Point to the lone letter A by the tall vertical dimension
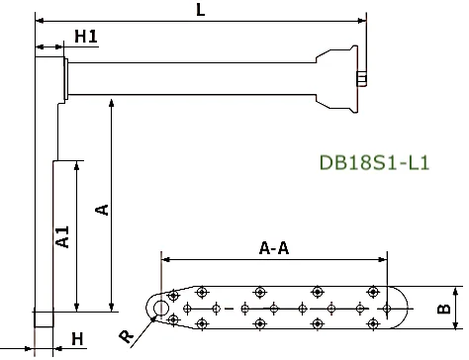pos(99,209)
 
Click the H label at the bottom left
pos(78,339)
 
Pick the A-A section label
pos(273,248)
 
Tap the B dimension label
pos(444,309)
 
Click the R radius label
pos(126,336)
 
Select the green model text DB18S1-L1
pos(374,162)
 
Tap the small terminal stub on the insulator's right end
pos(362,80)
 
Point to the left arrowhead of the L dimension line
pos(40,19)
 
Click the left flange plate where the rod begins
pos(65,77)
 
